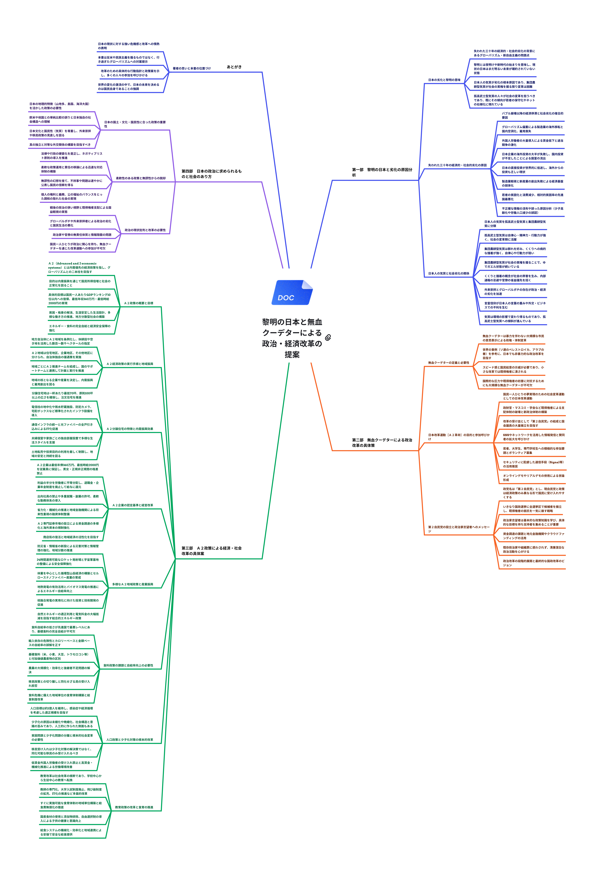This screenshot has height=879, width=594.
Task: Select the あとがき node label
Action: pos(234,67)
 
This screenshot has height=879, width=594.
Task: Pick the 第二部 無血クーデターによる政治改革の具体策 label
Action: pos(382,442)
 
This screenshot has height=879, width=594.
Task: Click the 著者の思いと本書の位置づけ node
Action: pos(192,68)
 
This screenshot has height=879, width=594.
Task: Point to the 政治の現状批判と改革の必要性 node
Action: pos(145,230)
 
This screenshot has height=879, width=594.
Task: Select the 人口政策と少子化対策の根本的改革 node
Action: pos(130,739)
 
